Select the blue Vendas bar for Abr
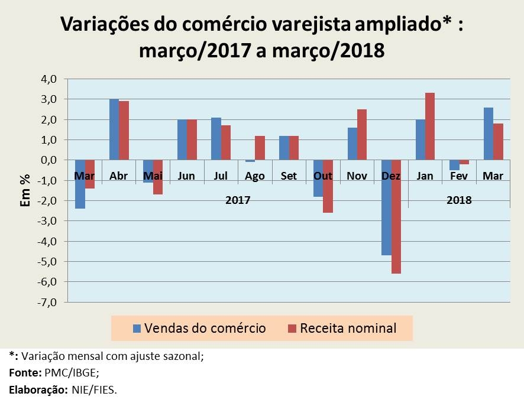pos(114,129)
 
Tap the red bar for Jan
pos(430,126)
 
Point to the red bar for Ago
pos(260,148)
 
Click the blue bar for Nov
pos(352,144)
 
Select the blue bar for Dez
pos(386,207)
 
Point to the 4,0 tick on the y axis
pos(48,79)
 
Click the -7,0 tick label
pos(47,302)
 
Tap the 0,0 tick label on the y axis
pos(48,160)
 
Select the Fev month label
pos(459,176)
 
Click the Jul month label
pos(221,176)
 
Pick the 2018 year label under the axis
pos(459,200)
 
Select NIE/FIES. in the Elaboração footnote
pos(95,389)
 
